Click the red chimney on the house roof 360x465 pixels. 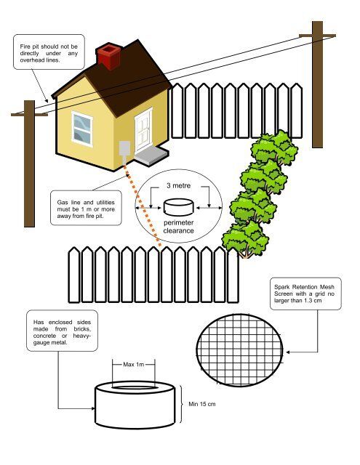109,57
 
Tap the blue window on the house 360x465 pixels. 82,129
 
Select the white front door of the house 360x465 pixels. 144,132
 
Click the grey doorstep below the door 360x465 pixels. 151,156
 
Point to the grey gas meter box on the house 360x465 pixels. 124,150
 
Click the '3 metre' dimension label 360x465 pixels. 179,186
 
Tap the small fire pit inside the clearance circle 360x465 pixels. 178,207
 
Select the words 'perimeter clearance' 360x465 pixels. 178,227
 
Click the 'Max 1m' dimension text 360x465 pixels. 134,365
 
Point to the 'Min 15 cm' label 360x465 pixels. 202,404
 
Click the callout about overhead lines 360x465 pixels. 49,52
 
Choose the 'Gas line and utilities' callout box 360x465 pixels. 86,208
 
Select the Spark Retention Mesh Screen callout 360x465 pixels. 305,294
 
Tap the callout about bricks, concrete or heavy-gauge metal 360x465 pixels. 62,331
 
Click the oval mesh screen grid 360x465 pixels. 239,350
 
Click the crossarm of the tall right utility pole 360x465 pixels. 317,36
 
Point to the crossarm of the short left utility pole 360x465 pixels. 29,115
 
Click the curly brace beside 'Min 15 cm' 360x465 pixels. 181,404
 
